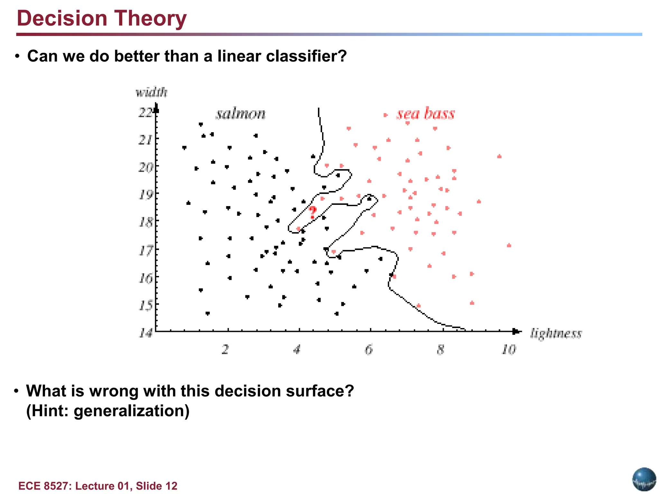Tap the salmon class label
pyautogui.click(x=240, y=114)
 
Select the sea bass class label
pyautogui.click(x=425, y=114)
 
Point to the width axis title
pyautogui.click(x=151, y=93)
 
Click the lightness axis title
pyautogui.click(x=556, y=334)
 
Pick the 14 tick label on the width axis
pyautogui.click(x=145, y=333)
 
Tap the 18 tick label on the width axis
pyautogui.click(x=145, y=222)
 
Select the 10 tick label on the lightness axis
pyautogui.click(x=509, y=349)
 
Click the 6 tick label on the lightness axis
pyautogui.click(x=369, y=349)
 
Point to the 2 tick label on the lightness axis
pyautogui.click(x=225, y=349)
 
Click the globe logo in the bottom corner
pyautogui.click(x=644, y=479)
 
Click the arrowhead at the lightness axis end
pyautogui.click(x=516, y=331)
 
